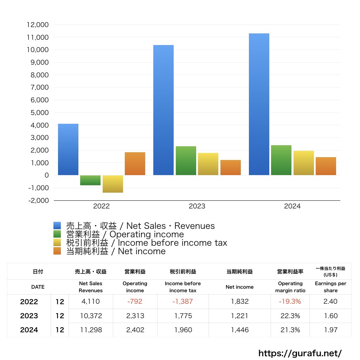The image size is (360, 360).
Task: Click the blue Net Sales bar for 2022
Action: coord(68,149)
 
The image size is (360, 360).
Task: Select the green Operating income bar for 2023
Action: coord(186,161)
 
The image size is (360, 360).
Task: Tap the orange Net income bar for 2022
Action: coord(135,163)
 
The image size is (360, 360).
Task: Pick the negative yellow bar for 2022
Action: coord(113,184)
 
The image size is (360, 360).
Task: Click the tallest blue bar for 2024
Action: coord(259,104)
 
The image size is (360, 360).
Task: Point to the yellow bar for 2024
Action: coord(304,163)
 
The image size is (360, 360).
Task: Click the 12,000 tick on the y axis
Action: coord(37,25)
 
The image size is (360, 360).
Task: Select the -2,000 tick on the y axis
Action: coord(37,200)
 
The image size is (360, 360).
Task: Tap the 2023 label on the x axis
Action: coord(197,206)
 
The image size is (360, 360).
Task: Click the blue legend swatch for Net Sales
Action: coord(57,226)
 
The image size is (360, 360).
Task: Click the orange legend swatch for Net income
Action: coord(57,251)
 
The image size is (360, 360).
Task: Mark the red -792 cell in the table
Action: coord(135,301)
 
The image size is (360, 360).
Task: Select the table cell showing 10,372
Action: coord(91,316)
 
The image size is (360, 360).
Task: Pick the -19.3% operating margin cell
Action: coord(290,301)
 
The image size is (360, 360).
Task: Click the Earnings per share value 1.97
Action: coord(330,330)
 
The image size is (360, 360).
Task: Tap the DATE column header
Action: coord(38,287)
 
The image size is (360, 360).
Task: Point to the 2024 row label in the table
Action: coord(29,330)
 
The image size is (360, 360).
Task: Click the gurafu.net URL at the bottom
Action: coord(300,353)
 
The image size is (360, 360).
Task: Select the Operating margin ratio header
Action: coord(290,287)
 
